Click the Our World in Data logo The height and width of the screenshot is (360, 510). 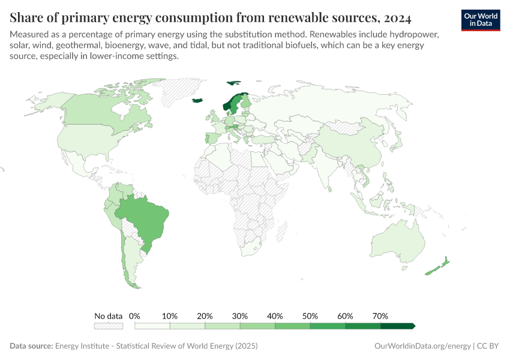[x=481, y=20]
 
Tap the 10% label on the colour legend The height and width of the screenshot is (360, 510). [x=170, y=316]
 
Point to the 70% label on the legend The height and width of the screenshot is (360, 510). [x=380, y=316]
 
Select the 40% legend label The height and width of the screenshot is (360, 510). [x=275, y=316]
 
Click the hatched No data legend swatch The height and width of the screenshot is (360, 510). [x=109, y=326]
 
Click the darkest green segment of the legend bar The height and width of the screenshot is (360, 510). [x=397, y=326]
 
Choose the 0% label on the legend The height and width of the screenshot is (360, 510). [x=134, y=316]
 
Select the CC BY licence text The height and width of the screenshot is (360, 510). [x=489, y=346]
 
